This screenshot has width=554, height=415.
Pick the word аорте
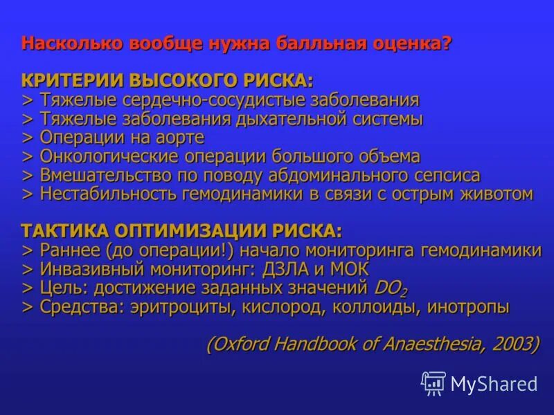[181, 138]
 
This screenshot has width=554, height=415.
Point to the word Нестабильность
[109, 194]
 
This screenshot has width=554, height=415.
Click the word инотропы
[468, 306]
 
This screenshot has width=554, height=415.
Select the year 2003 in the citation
[513, 344]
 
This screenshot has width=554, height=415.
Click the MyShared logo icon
[434, 382]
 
